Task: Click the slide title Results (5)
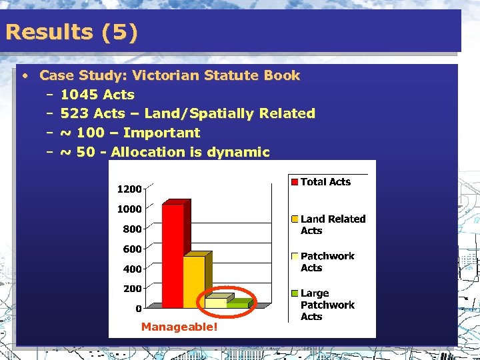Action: pos(71,32)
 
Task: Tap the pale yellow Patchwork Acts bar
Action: pos(216,302)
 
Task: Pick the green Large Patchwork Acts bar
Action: pos(237,304)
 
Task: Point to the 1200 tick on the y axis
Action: pos(129,189)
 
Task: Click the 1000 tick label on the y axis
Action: pos(129,209)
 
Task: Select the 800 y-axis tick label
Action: pos(131,229)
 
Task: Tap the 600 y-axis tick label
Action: pos(131,249)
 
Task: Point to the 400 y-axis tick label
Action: pos(131,269)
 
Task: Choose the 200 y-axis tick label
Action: pos(131,289)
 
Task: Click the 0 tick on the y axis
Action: pos(138,309)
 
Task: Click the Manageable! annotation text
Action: pos(179,327)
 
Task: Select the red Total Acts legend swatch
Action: pos(294,181)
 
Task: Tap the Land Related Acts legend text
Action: pos(333,225)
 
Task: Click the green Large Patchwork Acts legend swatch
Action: pos(294,293)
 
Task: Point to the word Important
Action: pos(161,133)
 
